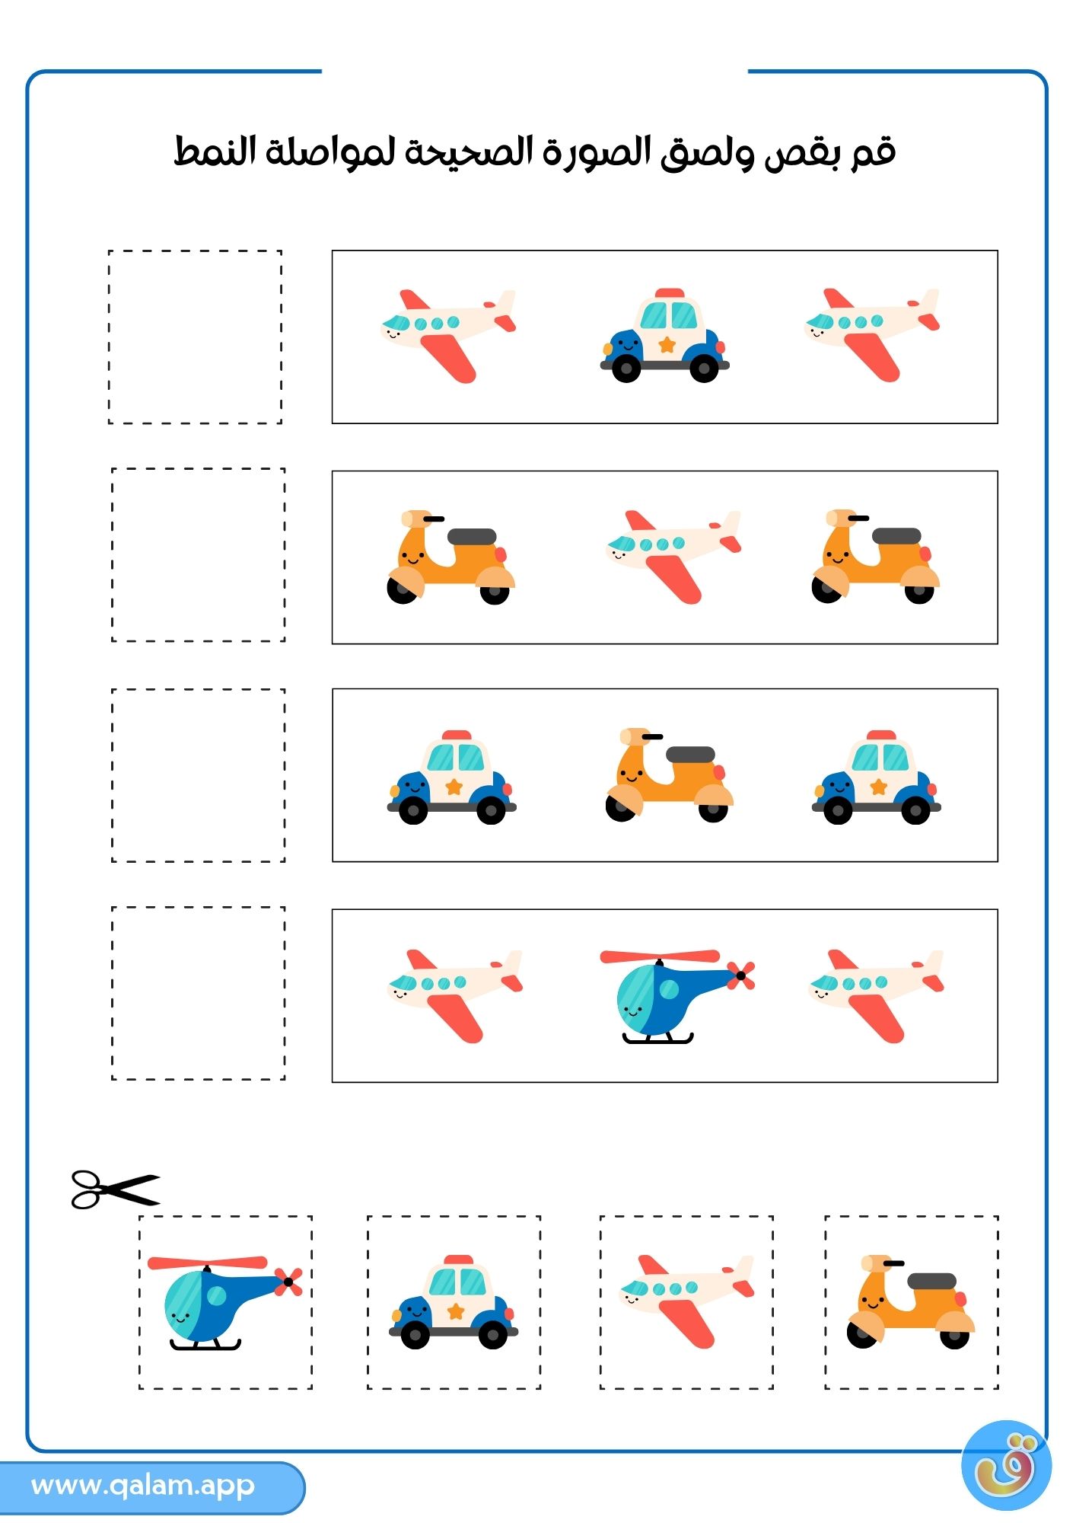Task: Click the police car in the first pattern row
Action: point(664,335)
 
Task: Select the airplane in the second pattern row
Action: point(673,557)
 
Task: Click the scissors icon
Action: point(116,1189)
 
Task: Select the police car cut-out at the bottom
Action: point(454,1302)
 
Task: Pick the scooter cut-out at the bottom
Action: point(911,1301)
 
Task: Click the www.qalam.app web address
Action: point(143,1485)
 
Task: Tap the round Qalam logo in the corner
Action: point(1006,1465)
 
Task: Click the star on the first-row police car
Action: point(667,345)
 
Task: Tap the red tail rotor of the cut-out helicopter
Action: point(288,1282)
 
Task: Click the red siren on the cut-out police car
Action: point(458,1260)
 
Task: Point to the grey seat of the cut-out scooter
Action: point(931,1281)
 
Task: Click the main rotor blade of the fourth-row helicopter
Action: point(660,956)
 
